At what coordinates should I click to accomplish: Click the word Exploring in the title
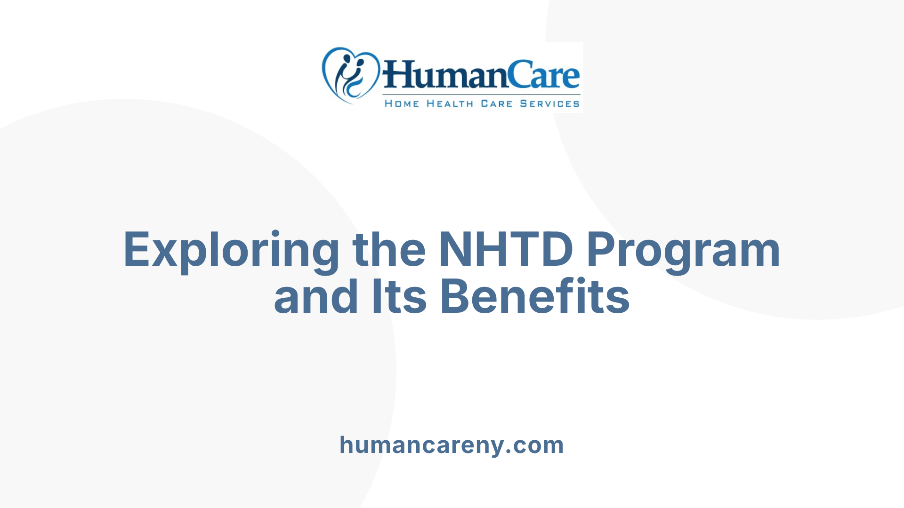pos(231,251)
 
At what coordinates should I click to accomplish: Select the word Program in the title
pos(683,251)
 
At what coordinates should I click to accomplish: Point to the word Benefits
pos(534,297)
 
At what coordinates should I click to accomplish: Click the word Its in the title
pos(399,297)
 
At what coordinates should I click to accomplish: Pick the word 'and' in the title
pos(316,297)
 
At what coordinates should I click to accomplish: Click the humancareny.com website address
pos(452,445)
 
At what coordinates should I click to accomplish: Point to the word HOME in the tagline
pos(402,103)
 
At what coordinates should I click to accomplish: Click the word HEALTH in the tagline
pos(450,103)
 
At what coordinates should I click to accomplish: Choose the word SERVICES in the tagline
pos(549,103)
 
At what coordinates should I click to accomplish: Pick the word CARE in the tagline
pos(496,103)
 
